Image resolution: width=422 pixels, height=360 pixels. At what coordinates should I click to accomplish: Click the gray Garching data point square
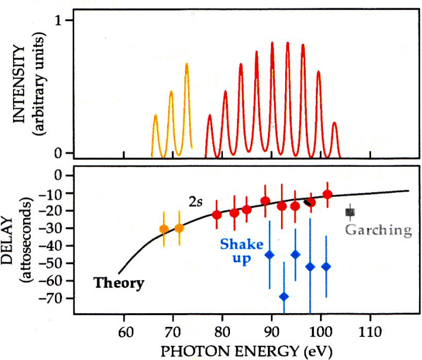click(350, 211)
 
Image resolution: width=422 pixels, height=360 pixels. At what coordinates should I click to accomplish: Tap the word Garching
click(378, 230)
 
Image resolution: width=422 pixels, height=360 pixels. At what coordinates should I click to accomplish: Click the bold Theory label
click(119, 283)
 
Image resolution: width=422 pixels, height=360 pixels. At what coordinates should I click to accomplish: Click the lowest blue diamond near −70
click(284, 296)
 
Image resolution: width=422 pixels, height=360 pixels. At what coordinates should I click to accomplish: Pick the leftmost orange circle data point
click(164, 229)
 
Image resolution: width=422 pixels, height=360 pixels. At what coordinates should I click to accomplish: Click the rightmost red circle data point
click(327, 194)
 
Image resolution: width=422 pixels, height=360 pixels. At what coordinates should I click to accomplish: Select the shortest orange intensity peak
click(156, 116)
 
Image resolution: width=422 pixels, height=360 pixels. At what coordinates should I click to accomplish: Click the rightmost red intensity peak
click(334, 124)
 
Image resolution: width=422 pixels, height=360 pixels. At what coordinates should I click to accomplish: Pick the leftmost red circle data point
click(217, 214)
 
